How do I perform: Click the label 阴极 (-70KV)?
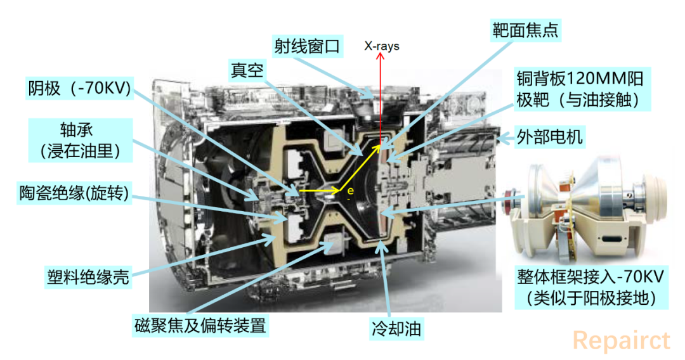pyautogui.click(x=79, y=88)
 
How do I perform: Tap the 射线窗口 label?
pyautogui.click(x=307, y=46)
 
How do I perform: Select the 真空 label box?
pyautogui.click(x=247, y=70)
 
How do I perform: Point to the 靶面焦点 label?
pyautogui.click(x=526, y=30)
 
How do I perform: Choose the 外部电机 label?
pyautogui.click(x=549, y=137)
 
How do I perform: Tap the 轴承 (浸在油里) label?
pyautogui.click(x=81, y=141)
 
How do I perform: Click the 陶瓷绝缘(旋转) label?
pyautogui.click(x=74, y=193)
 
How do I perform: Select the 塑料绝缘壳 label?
pyautogui.click(x=88, y=276)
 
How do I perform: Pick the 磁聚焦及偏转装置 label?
pyautogui.click(x=200, y=326)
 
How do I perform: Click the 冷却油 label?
pyautogui.click(x=396, y=328)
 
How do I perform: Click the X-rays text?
pyautogui.click(x=382, y=46)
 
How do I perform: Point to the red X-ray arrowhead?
pyautogui.click(x=381, y=55)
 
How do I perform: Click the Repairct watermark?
pyautogui.click(x=621, y=341)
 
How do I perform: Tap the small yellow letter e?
pyautogui.click(x=350, y=191)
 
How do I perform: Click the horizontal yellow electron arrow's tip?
pyautogui.click(x=339, y=191)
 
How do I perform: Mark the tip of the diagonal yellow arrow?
pyautogui.click(x=379, y=146)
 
